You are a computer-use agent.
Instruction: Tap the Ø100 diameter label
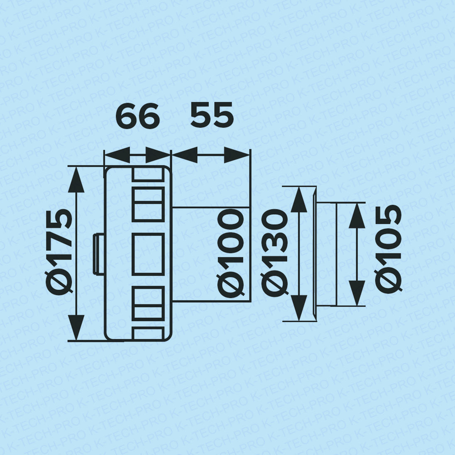230,253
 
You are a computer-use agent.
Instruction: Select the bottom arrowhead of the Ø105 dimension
357,293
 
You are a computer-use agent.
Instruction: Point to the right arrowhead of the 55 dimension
237,155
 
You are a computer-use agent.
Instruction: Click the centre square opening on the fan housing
148,254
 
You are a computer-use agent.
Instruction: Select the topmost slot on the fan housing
148,174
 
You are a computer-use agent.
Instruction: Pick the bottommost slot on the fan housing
148,333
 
